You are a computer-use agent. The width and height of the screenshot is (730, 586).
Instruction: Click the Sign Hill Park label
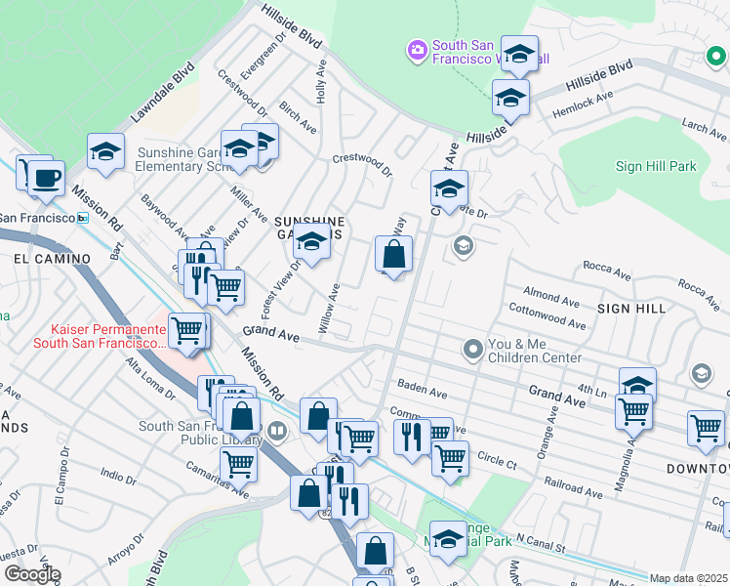pyautogui.click(x=656, y=166)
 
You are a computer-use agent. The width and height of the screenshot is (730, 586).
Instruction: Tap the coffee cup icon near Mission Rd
pyautogui.click(x=46, y=179)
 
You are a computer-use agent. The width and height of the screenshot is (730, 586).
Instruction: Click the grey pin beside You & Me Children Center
pyautogui.click(x=473, y=349)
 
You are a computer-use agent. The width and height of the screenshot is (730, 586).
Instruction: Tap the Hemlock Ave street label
pyautogui.click(x=583, y=102)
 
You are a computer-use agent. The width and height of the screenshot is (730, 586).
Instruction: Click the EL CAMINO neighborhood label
pyautogui.click(x=52, y=259)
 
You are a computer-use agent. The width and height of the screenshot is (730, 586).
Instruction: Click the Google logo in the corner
pyautogui.click(x=32, y=574)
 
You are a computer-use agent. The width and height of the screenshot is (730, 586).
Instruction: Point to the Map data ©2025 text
pyautogui.click(x=688, y=578)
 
